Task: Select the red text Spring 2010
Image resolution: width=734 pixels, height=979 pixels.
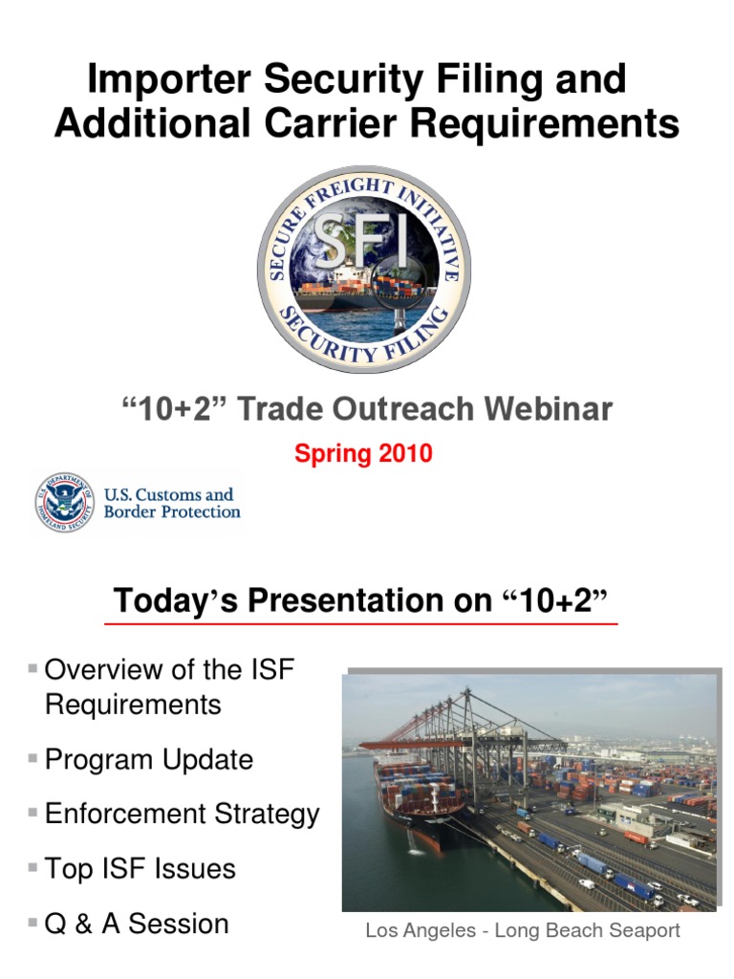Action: [363, 454]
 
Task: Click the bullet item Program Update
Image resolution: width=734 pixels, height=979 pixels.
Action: [148, 760]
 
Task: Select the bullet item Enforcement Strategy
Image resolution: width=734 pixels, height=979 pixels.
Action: [182, 815]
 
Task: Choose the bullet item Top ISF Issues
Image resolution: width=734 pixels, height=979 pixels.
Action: [140, 869]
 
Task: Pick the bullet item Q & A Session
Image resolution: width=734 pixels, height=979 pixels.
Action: [137, 924]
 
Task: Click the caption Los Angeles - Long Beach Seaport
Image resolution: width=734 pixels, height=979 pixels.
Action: [523, 930]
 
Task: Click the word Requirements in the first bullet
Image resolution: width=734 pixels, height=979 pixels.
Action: [133, 706]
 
